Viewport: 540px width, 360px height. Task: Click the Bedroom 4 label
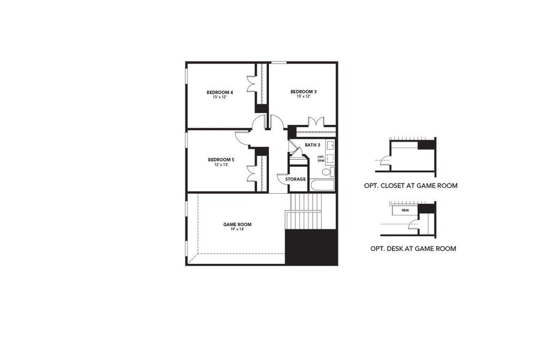(x=220, y=92)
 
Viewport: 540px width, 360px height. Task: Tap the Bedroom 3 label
(x=303, y=91)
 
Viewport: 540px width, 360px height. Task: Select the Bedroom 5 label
(x=220, y=160)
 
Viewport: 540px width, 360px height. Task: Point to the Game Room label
(x=238, y=224)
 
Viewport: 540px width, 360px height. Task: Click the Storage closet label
(x=295, y=179)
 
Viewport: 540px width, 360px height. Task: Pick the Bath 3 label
(x=313, y=145)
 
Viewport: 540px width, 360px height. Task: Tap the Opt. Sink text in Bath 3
(x=321, y=158)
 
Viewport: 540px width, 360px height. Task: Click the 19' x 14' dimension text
(x=238, y=229)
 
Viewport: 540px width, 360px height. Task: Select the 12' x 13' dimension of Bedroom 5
(x=220, y=164)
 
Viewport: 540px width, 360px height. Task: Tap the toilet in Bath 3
(x=326, y=172)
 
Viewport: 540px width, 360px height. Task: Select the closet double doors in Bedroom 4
(x=253, y=83)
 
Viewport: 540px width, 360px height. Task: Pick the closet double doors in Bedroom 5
(x=252, y=172)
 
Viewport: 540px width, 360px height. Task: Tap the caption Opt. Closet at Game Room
(x=410, y=186)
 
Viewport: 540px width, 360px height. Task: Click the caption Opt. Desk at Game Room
(x=413, y=248)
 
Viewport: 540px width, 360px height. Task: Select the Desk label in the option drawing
(x=406, y=211)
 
